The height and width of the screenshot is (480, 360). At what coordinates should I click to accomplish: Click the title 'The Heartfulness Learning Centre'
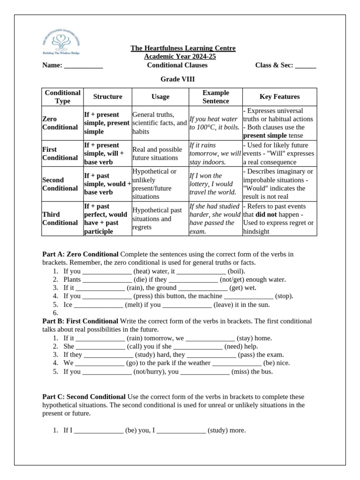tap(183, 48)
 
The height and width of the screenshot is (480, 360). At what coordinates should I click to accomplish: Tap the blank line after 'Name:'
tap(83, 66)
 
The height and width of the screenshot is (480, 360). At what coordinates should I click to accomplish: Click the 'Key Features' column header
tap(279, 97)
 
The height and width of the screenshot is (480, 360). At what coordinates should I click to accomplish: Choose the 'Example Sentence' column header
tap(216, 97)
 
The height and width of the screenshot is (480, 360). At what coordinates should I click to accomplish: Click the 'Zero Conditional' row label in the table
tap(60, 123)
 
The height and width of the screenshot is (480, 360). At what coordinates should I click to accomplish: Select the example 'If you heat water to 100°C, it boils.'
tap(215, 123)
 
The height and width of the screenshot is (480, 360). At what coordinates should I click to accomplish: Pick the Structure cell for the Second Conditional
tap(107, 184)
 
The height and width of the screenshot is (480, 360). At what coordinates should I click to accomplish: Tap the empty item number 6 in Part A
tap(55, 313)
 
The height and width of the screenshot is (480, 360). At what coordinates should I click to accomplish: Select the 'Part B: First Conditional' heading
tap(80, 321)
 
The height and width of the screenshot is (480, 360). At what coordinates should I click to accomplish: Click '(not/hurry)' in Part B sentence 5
tap(150, 371)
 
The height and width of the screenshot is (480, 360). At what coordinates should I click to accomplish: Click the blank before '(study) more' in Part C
tap(181, 430)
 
